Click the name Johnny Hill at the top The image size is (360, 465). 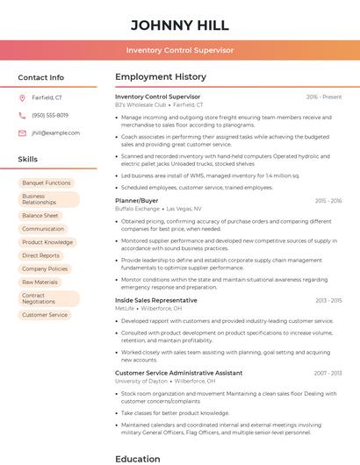pos(179,25)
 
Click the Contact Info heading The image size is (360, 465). pos(40,77)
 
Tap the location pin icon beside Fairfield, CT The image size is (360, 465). pos(22,97)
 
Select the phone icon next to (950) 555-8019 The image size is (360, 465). pos(22,115)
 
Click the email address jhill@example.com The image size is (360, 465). pos(55,132)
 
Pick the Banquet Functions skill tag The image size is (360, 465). pos(46,182)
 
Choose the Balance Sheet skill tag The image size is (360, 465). pos(40,215)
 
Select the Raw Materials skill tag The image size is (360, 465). pos(40,282)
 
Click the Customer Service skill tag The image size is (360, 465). pos(44,314)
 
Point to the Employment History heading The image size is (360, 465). pos(160,77)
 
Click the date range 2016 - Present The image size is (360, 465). pos(324,97)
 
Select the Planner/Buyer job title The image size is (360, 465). pos(136,201)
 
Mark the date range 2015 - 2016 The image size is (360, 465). pos(327,201)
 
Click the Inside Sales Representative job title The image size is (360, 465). pos(155,300)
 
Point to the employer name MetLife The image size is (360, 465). pos(125,308)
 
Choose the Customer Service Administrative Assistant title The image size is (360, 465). pos(178,373)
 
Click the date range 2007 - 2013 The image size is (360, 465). pos(327,373)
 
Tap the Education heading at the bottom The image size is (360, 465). pos(139,458)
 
